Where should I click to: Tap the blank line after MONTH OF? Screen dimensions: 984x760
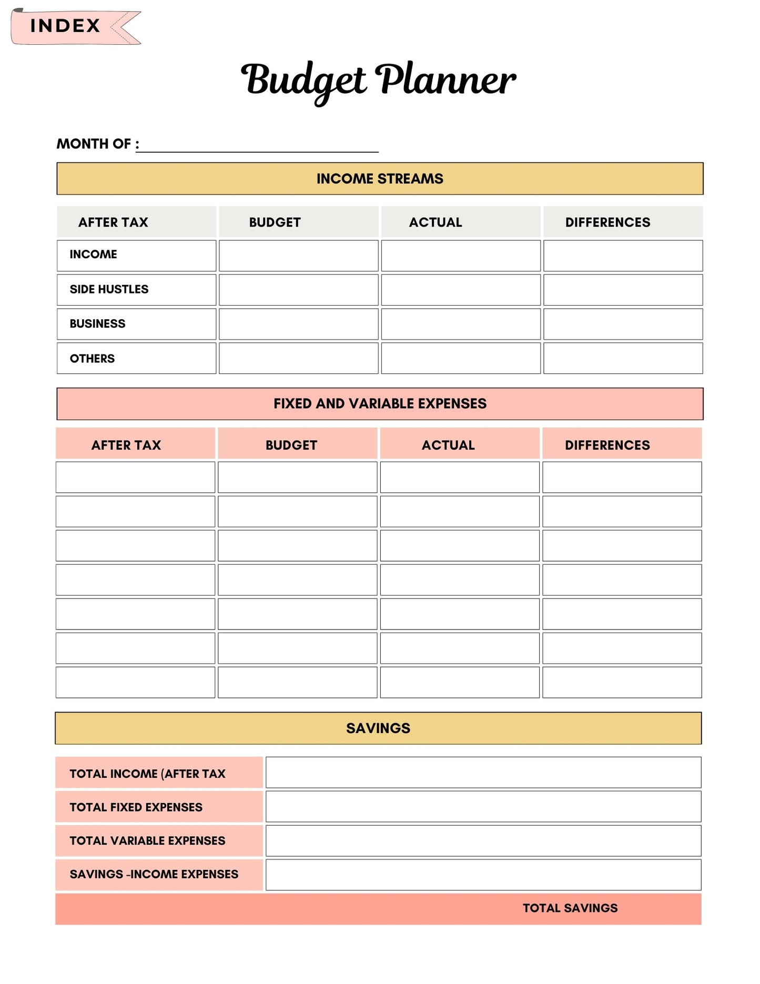[258, 146]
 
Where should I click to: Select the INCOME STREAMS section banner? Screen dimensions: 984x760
[380, 179]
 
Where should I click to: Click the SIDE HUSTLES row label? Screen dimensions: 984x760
[109, 289]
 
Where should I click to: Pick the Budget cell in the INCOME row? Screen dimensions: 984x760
[298, 256]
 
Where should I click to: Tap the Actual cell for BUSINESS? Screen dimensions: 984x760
[461, 324]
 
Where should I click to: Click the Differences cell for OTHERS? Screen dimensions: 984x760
[623, 358]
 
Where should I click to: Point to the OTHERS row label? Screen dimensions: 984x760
[93, 359]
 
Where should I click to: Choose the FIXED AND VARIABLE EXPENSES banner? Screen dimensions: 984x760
[380, 404]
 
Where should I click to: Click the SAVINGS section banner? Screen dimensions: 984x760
[378, 728]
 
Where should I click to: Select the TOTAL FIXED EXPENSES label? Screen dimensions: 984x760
[136, 807]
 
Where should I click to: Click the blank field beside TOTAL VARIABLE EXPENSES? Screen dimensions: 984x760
[483, 840]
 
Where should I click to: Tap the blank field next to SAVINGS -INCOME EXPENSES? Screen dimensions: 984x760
[483, 875]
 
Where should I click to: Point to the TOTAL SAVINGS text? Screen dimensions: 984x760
[570, 908]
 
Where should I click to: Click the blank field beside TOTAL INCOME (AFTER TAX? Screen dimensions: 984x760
[483, 773]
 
